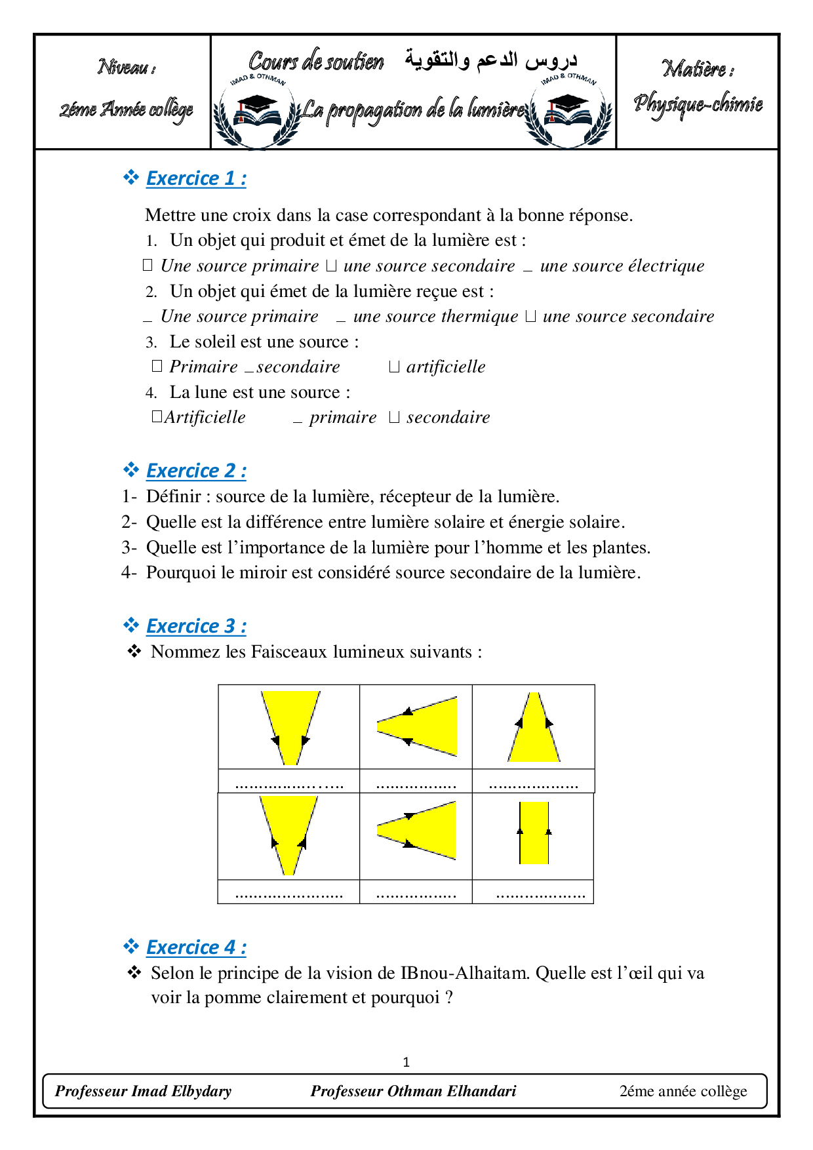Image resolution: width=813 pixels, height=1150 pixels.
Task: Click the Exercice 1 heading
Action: tap(195, 178)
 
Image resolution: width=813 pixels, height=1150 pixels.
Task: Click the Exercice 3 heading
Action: tap(195, 626)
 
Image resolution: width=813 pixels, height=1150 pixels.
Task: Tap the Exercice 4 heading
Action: tap(195, 947)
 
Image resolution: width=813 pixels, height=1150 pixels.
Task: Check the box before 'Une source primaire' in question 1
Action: tap(148, 265)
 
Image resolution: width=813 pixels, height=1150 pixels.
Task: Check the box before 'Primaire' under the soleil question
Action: tap(157, 366)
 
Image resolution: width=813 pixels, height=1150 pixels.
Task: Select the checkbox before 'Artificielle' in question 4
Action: tap(156, 416)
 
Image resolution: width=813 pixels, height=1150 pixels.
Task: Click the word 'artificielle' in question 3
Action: tap(446, 367)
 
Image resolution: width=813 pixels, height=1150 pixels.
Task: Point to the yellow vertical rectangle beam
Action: tap(534, 833)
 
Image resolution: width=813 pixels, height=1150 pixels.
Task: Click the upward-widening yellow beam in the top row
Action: tap(534, 734)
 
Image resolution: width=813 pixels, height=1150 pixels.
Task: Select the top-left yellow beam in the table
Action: tap(290, 721)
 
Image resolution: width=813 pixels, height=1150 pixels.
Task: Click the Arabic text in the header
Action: tap(490, 60)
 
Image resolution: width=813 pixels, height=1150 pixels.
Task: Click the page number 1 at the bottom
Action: tap(406, 1061)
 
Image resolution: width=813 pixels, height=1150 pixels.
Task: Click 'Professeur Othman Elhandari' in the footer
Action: tap(413, 1091)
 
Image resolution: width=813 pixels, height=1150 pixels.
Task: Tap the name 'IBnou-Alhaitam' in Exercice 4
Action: tap(464, 973)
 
